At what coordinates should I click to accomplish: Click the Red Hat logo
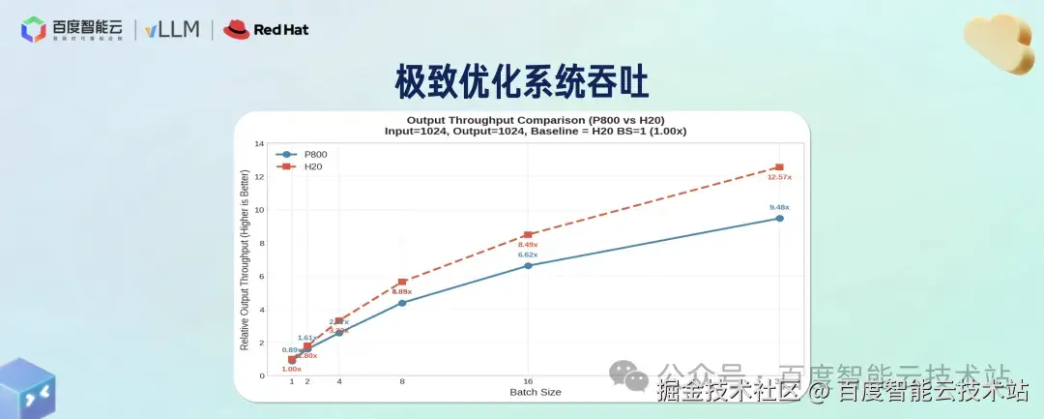(266, 29)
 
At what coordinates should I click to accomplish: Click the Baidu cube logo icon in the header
(34, 30)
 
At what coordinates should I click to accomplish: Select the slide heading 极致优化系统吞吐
(522, 81)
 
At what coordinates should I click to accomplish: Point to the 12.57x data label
(779, 177)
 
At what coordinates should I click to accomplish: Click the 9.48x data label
(779, 207)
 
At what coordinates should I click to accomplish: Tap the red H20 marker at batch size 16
(528, 235)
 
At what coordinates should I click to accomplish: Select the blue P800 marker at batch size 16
(528, 265)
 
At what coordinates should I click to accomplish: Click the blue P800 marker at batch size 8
(402, 303)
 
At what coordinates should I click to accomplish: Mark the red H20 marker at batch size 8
(402, 282)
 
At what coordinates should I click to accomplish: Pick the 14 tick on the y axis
(259, 144)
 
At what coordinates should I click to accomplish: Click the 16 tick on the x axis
(528, 382)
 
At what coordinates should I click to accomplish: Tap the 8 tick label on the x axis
(402, 382)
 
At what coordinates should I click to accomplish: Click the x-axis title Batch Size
(536, 392)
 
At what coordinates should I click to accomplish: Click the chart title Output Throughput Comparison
(536, 120)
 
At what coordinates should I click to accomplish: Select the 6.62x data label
(528, 254)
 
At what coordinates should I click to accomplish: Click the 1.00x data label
(292, 369)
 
